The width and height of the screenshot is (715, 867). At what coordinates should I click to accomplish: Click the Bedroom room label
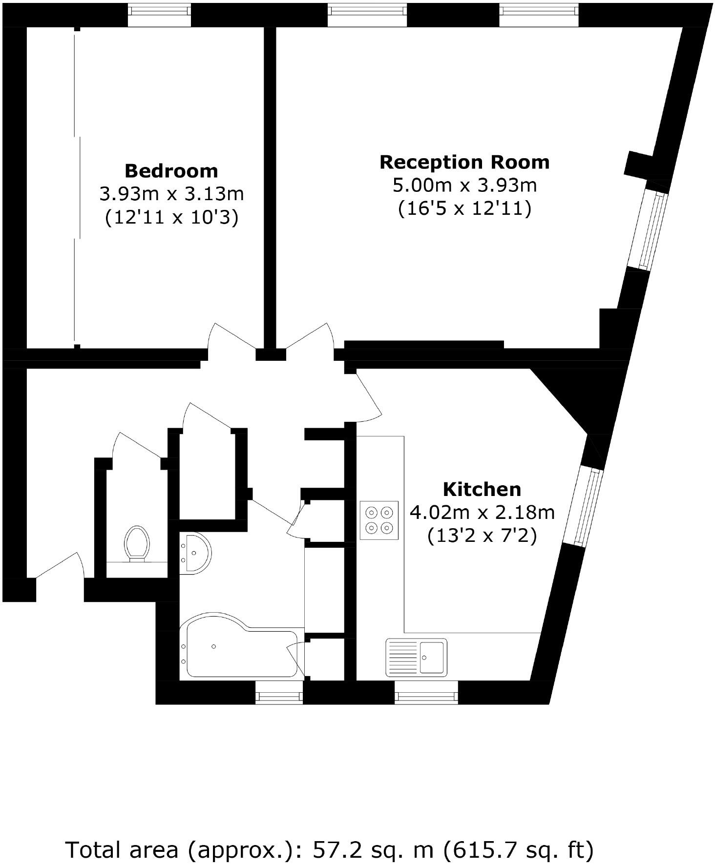(171, 171)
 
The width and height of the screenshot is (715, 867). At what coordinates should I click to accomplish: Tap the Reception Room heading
(464, 162)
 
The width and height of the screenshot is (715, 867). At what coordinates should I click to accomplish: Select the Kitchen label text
(482, 489)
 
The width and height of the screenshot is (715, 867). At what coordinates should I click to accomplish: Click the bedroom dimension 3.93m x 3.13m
(171, 194)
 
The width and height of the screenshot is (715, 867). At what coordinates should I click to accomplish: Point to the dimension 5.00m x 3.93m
(464, 186)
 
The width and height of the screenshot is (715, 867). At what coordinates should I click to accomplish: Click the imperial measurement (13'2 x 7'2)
(482, 536)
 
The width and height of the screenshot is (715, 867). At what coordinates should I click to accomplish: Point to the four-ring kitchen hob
(379, 520)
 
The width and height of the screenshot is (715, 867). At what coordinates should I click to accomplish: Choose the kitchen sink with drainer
(416, 657)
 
